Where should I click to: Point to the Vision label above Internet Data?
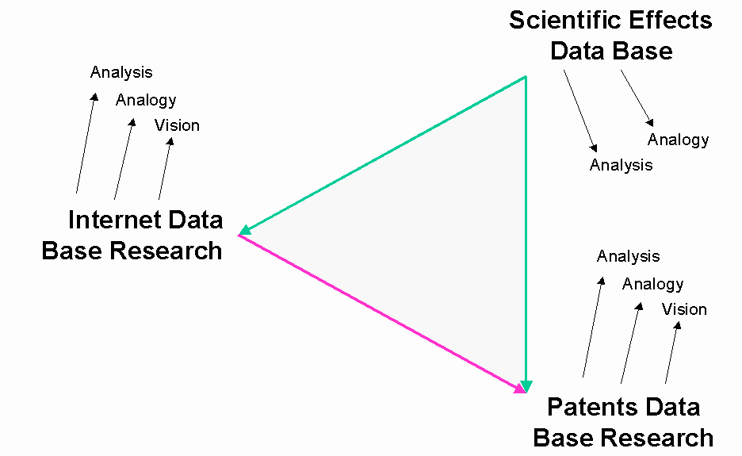pyautogui.click(x=177, y=125)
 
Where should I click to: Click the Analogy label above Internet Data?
pyautogui.click(x=146, y=101)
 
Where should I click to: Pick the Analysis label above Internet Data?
pyautogui.click(x=121, y=72)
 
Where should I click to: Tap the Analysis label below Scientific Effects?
pyautogui.click(x=621, y=165)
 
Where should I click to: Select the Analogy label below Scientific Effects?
pyautogui.click(x=678, y=140)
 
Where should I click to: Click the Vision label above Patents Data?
pyautogui.click(x=684, y=309)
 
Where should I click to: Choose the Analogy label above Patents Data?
pyautogui.click(x=652, y=284)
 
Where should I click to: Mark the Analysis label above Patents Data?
pyautogui.click(x=628, y=256)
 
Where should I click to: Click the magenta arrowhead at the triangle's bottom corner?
pyautogui.click(x=519, y=389)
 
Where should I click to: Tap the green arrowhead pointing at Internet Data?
pyautogui.click(x=245, y=230)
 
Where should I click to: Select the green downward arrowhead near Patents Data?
pyautogui.click(x=526, y=386)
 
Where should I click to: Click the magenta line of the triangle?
pyautogui.click(x=381, y=313)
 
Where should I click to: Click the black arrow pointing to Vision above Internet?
pyautogui.click(x=166, y=169)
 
